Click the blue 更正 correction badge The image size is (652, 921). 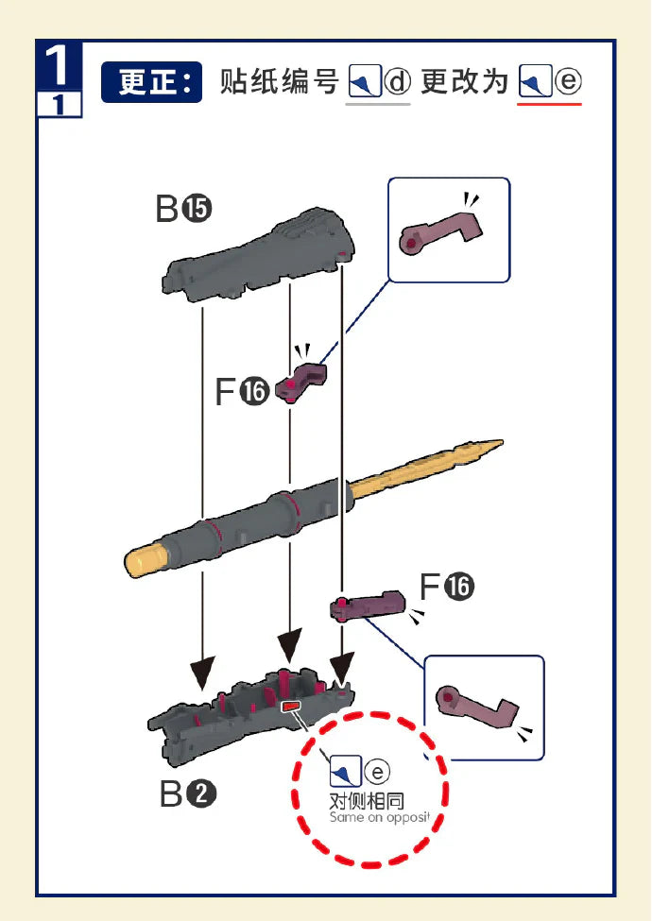coord(151,82)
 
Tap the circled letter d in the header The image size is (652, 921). coord(398,82)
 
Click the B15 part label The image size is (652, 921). coord(183,209)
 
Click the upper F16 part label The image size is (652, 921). coord(242,391)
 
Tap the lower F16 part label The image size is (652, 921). coord(446,588)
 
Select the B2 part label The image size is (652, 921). coord(187,795)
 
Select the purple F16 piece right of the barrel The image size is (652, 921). coord(368,605)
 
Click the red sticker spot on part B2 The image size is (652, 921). coord(292,705)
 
